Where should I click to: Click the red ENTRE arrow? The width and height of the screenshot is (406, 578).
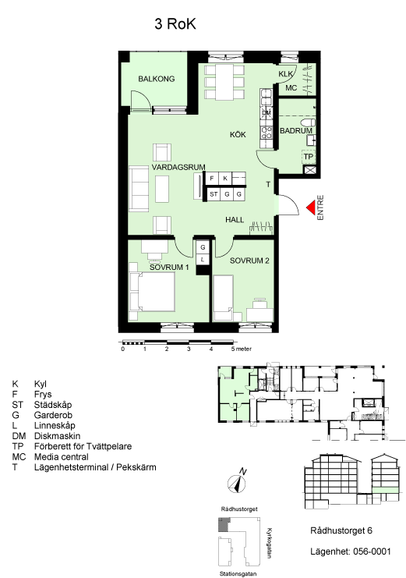pos(310,207)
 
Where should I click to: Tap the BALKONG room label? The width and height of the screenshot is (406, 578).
pos(156,79)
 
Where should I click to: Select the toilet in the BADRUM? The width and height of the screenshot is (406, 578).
pos(308,122)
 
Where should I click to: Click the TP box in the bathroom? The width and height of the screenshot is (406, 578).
pos(309,157)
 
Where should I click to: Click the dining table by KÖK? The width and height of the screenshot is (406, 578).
pos(224,82)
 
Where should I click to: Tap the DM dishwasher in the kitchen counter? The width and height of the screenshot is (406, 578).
pos(267,113)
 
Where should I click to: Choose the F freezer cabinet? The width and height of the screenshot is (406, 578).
pos(212,179)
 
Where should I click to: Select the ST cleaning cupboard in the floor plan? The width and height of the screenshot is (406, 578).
pos(214,194)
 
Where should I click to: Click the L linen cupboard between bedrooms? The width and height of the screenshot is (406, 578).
pos(203,260)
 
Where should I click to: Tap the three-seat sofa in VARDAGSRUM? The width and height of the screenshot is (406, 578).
pos(139,189)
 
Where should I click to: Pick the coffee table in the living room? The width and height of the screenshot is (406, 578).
pos(162,189)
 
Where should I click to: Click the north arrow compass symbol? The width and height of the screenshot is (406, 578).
pos(237,482)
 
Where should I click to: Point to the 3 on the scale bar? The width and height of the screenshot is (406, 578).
pos(189,349)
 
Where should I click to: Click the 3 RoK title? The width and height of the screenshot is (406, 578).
pos(175,24)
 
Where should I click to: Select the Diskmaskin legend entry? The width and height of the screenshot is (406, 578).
pos(57,436)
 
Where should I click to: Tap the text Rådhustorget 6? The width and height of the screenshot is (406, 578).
pos(341,530)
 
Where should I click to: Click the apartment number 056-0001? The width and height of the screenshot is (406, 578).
pos(372,551)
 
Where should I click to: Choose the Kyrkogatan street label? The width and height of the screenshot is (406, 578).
pos(269,544)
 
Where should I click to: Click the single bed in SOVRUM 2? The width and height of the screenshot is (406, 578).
pos(224,298)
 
